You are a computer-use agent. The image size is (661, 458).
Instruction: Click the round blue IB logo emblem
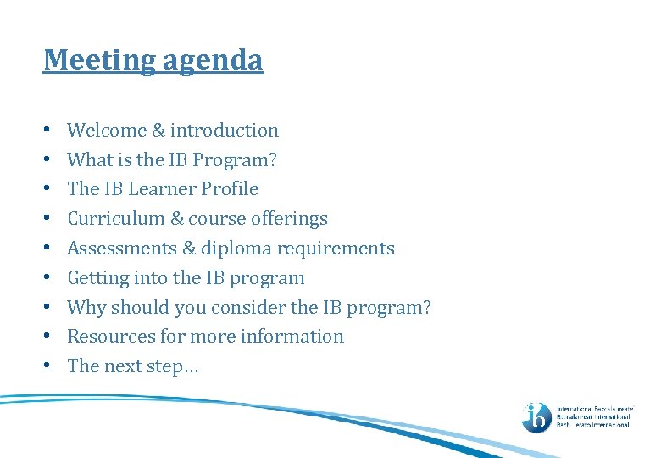pos(536,416)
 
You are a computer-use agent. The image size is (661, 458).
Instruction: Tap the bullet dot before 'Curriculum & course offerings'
pos(48,220)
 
